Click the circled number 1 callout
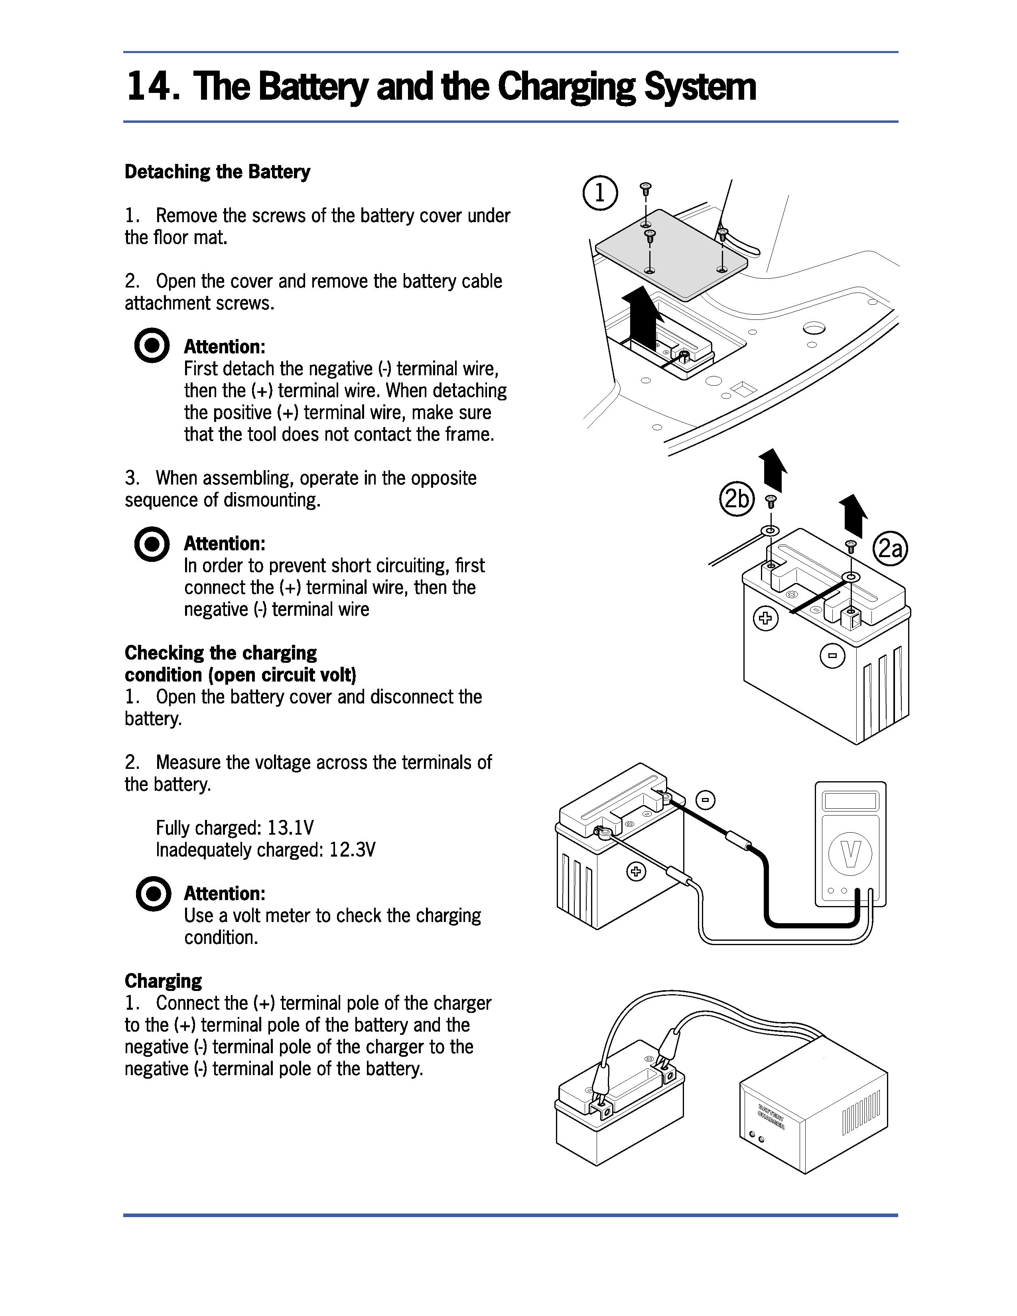click(599, 193)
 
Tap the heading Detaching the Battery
click(217, 172)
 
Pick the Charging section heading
click(163, 981)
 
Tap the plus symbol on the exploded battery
click(766, 618)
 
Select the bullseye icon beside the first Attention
click(151, 345)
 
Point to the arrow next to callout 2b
click(773, 470)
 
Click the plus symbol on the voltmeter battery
click(636, 871)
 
